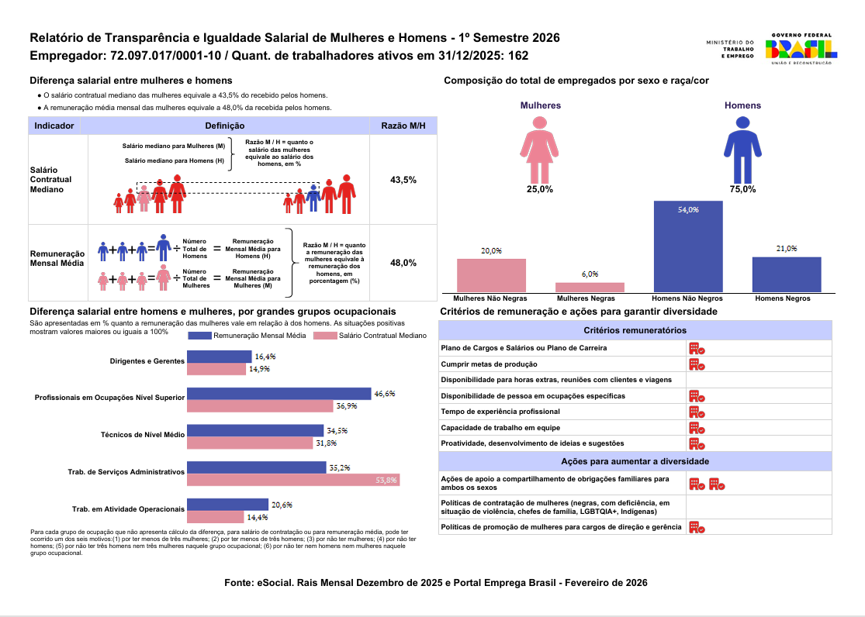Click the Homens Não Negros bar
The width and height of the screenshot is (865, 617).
coord(688,246)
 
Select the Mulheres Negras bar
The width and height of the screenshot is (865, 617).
coord(590,287)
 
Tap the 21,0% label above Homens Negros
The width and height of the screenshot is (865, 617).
coord(786,249)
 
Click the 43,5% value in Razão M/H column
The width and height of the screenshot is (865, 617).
coord(403,180)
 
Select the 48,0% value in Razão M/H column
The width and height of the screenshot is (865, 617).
coord(403,263)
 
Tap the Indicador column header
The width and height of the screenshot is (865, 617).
coord(54,126)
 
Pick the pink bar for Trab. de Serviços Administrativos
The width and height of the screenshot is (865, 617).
coord(293,480)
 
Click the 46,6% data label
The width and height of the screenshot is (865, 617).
coord(385,394)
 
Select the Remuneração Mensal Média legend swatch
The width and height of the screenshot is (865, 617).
coord(199,336)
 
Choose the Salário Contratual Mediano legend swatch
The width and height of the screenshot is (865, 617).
coord(324,336)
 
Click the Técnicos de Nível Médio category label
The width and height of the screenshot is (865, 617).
coord(143,435)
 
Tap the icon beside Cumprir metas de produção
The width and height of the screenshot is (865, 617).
coord(697,364)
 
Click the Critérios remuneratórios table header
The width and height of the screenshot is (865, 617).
coord(635,330)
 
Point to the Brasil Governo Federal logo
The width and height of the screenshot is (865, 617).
coord(801,49)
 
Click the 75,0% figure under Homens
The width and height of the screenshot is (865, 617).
coord(742,189)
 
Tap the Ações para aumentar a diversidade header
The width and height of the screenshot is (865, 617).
coord(635,462)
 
